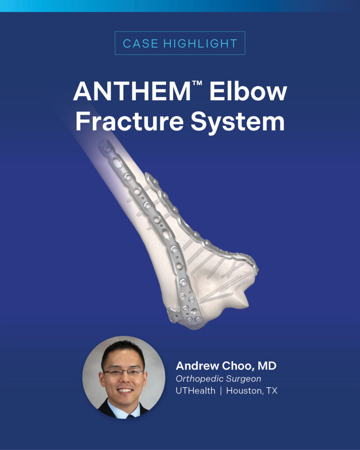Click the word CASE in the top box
coord(140,44)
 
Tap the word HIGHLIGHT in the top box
coord(200,44)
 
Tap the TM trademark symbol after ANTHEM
coord(197,83)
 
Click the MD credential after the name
coord(267,366)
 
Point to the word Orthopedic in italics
coord(199,379)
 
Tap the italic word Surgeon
coord(244,379)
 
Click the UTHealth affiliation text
coord(196,391)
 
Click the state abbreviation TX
coord(272,391)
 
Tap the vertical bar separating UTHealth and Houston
coord(221,391)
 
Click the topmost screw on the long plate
coord(107,148)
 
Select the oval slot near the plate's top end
coord(117,163)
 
